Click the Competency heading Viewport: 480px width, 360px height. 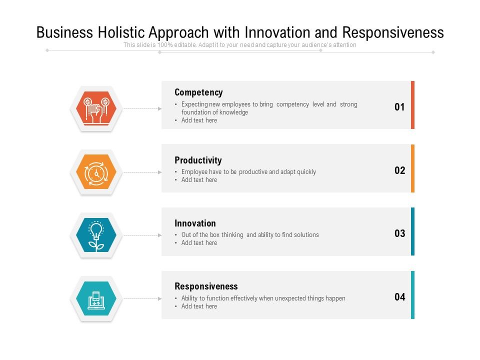coord(198,92)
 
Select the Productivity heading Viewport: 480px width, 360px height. coord(198,160)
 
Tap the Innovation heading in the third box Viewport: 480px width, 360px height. coord(195,223)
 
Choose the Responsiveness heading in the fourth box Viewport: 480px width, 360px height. coord(206,286)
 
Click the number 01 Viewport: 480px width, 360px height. coord(399,107)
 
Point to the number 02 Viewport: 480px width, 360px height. coord(399,170)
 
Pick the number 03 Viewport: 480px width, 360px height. coord(399,233)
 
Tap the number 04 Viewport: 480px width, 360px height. coord(399,297)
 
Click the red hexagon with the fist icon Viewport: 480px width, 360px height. coord(96,108)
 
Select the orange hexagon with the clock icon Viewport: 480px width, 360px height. coord(96,172)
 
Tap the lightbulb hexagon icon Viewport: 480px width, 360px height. coord(96,235)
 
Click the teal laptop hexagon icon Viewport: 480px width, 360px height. coord(96,298)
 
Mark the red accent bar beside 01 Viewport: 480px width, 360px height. coord(412,105)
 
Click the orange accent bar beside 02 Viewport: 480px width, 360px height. coord(412,168)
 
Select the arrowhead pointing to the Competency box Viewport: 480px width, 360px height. coord(160,108)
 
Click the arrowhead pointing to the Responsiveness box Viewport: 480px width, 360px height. coord(160,298)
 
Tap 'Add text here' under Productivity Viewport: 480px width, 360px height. coord(199,180)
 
